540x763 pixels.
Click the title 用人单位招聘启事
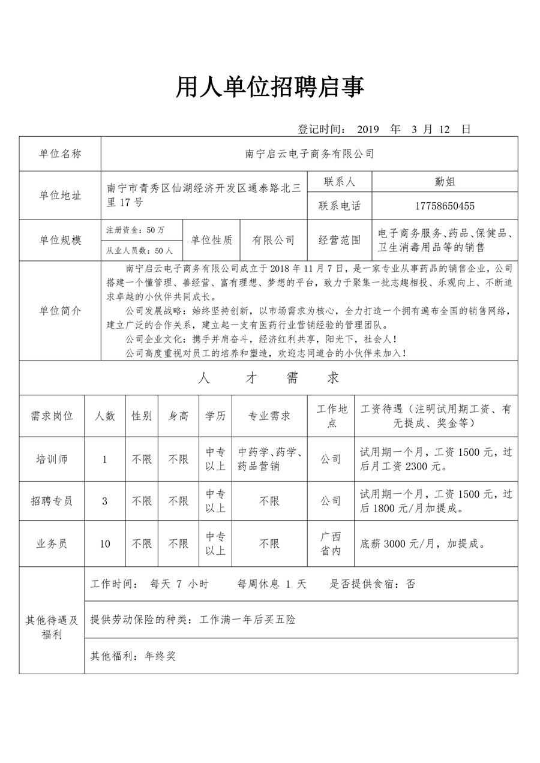[269, 88]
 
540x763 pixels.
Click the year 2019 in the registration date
[369, 129]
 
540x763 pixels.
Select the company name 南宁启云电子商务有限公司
[310, 154]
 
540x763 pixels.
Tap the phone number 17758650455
[445, 206]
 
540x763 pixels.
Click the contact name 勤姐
[445, 182]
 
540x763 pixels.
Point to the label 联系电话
[340, 206]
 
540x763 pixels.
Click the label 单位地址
[60, 196]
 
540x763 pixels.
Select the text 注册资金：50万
[136, 230]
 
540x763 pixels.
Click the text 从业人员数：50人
[139, 251]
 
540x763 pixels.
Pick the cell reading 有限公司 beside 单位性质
[273, 240]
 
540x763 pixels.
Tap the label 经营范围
[340, 240]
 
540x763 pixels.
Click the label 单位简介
[60, 311]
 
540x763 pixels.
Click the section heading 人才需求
[269, 378]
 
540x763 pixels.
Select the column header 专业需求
[269, 416]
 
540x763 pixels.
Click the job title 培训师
[52, 459]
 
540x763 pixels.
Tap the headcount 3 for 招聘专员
[105, 501]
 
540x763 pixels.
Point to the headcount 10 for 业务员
[105, 544]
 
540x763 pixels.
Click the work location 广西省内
[331, 543]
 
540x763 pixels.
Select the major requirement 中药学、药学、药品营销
[269, 459]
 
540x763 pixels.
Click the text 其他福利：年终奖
[133, 656]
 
